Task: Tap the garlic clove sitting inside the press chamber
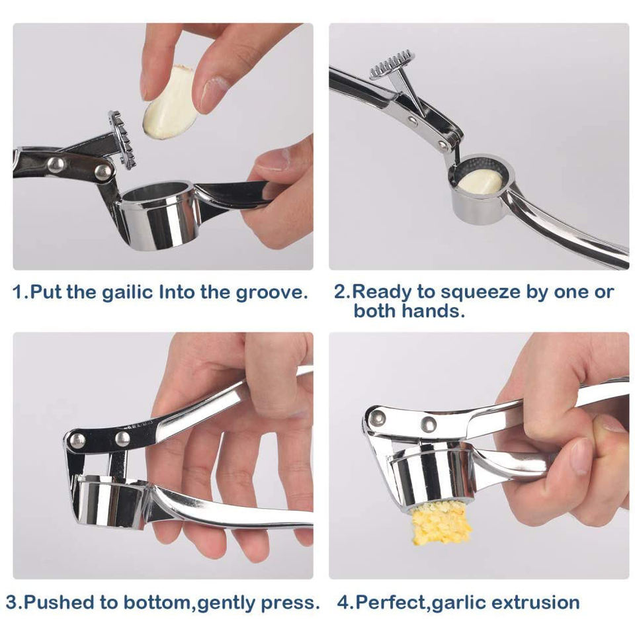point(481,181)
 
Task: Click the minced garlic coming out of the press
point(441,523)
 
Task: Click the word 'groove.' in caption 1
point(272,293)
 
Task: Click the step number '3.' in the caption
point(15,603)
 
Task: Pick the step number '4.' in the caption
point(346,603)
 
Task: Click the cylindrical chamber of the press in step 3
point(110,501)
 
